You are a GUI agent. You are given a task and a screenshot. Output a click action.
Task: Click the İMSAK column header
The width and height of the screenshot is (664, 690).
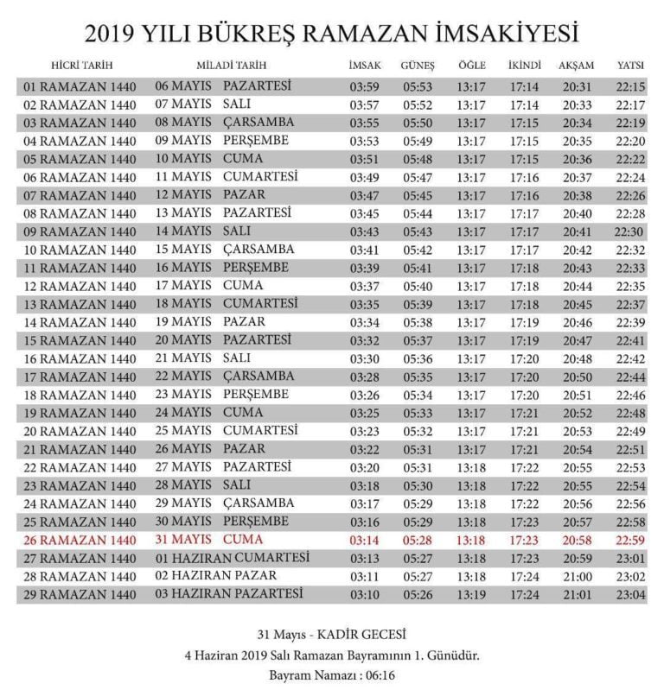coord(364,66)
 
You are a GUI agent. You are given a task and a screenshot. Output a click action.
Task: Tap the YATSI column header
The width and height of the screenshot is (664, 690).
coord(629,66)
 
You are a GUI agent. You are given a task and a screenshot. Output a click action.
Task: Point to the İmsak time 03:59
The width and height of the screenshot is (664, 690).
coord(364,86)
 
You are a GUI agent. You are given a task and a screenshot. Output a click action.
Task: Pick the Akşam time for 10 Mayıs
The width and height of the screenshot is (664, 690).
coord(577,159)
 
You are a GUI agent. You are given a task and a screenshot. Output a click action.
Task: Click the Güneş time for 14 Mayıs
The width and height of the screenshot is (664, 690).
coord(418,231)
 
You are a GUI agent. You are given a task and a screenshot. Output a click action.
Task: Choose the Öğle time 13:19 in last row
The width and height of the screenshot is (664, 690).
coord(471,594)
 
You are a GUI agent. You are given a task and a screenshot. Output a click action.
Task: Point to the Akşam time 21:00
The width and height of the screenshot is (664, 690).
coord(577,576)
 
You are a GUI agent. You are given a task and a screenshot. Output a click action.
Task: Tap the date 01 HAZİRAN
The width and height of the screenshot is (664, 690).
coord(193,558)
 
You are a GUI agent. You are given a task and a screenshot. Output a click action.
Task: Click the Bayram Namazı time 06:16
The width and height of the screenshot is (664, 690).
coord(378,674)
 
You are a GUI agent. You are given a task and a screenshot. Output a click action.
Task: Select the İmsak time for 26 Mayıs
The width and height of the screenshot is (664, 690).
coord(364,449)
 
